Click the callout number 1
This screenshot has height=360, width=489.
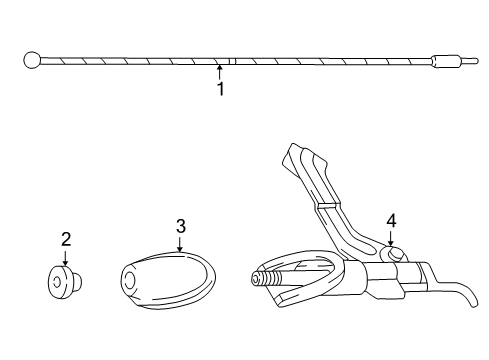tap(220, 89)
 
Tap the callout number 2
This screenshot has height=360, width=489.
tap(66, 239)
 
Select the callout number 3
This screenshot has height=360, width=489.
tap(180, 227)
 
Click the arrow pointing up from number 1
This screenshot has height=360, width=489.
tap(220, 71)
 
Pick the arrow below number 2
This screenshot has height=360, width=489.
tap(66, 257)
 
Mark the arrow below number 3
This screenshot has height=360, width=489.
tap(180, 246)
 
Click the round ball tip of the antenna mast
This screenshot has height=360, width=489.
tap(31, 60)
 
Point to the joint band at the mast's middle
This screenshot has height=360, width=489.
tap(230, 62)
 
